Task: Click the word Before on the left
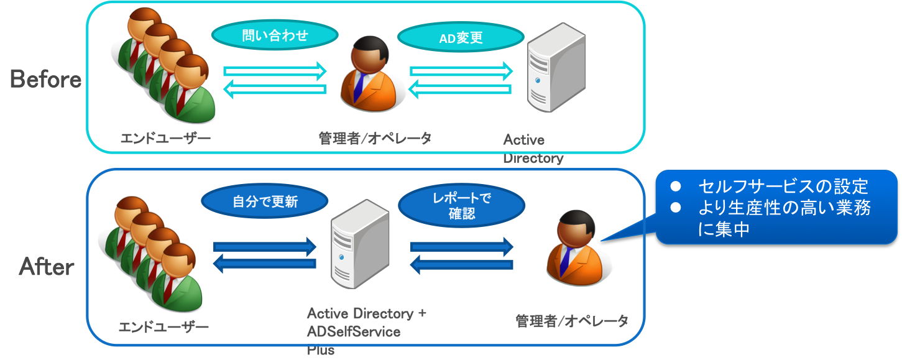pyautogui.click(x=45, y=80)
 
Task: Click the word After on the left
pyautogui.click(x=47, y=267)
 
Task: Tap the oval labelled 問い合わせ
pyautogui.click(x=275, y=36)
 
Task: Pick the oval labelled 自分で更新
pyautogui.click(x=264, y=201)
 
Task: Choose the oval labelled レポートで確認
pyautogui.click(x=461, y=206)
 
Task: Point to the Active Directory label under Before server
pyautogui.click(x=533, y=148)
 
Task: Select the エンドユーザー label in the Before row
pyautogui.click(x=165, y=138)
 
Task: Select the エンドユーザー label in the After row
pyautogui.click(x=163, y=326)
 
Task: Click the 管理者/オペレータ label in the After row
pyautogui.click(x=572, y=321)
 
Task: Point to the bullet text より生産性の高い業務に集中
pyautogui.click(x=783, y=219)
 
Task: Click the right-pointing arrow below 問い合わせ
pyautogui.click(x=275, y=70)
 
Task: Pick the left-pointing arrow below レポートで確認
pyautogui.click(x=462, y=266)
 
